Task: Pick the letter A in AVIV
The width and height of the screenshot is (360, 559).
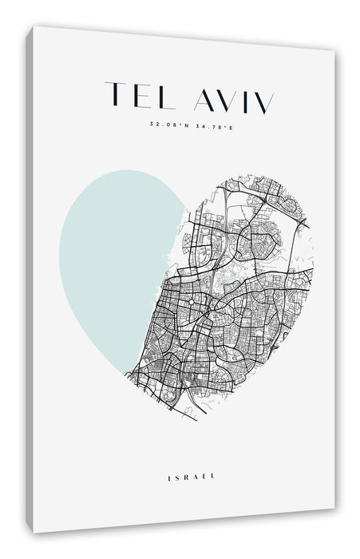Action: [x=204, y=99]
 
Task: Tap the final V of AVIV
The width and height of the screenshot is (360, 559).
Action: [x=263, y=103]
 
